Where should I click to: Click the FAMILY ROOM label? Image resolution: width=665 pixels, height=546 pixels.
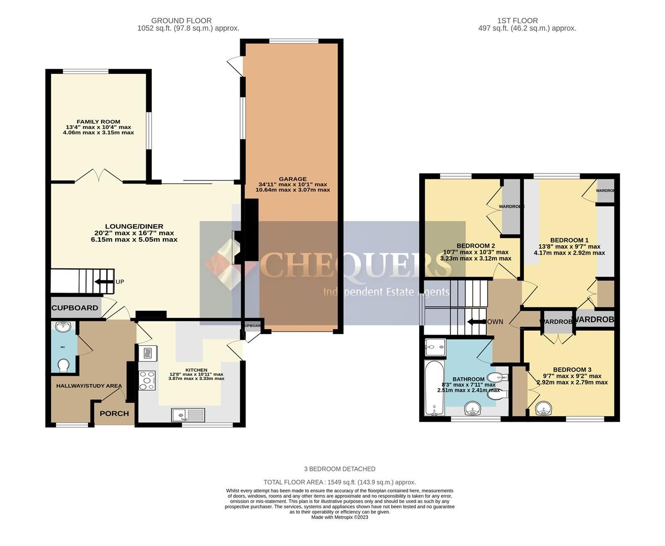(98, 122)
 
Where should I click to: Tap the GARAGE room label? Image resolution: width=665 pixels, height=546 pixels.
(293, 179)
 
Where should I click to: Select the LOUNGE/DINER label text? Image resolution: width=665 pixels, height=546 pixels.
(134, 226)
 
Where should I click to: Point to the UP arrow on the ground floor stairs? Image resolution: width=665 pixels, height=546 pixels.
(105, 282)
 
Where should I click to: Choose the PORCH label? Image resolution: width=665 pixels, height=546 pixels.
(114, 413)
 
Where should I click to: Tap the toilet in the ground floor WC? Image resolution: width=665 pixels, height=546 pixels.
(64, 365)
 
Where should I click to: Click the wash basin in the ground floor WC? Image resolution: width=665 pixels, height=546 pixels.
(64, 327)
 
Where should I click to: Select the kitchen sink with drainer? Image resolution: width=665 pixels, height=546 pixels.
(188, 415)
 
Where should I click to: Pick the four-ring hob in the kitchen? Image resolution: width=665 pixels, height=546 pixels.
(147, 380)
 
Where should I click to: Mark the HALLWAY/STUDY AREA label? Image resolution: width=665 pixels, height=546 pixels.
(89, 386)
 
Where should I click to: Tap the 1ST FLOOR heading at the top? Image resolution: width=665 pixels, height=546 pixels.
(517, 21)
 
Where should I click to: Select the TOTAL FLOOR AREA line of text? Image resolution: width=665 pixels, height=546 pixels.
(339, 482)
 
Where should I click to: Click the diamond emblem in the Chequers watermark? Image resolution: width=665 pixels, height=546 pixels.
(225, 264)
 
